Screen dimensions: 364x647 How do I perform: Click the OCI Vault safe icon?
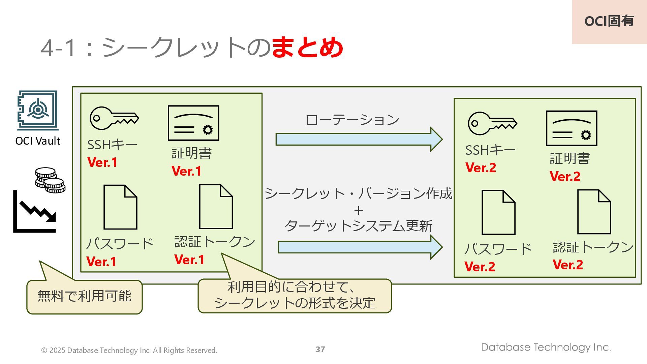click(x=38, y=110)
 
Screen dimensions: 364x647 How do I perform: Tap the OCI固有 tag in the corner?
click(x=609, y=22)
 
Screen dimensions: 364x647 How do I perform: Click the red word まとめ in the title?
click(x=307, y=47)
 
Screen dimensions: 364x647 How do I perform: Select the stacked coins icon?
click(x=50, y=180)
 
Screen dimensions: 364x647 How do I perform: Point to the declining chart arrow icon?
click(x=35, y=212)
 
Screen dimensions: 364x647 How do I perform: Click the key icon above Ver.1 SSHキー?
click(x=114, y=118)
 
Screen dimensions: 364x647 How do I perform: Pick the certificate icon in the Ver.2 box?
click(x=572, y=128)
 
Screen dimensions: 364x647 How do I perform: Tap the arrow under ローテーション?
click(x=359, y=139)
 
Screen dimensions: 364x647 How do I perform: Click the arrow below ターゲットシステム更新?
click(x=360, y=247)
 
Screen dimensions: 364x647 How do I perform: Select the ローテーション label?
click(x=352, y=120)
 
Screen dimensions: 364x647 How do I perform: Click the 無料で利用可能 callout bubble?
click(x=84, y=297)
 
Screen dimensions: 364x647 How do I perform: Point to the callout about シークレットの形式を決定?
click(x=295, y=296)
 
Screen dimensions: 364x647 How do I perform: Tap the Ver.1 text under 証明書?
click(x=186, y=171)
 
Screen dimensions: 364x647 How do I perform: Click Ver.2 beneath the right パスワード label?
click(x=480, y=267)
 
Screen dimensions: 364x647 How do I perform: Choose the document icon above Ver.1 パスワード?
click(x=120, y=207)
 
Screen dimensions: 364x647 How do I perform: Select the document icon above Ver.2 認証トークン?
click(x=594, y=212)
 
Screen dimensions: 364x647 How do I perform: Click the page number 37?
click(x=320, y=350)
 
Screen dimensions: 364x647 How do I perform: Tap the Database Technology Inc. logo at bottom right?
click(x=546, y=347)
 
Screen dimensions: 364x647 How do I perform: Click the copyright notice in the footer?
click(x=129, y=351)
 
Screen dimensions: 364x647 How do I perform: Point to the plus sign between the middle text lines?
click(x=359, y=211)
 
